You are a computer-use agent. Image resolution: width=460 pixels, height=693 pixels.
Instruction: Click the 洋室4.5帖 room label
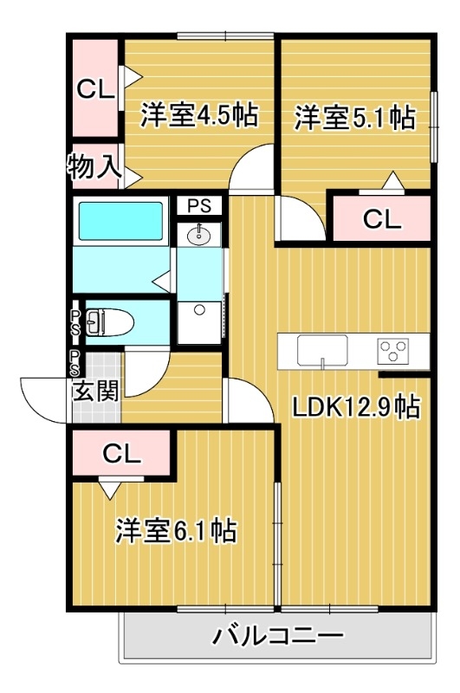pyautogui.click(x=198, y=115)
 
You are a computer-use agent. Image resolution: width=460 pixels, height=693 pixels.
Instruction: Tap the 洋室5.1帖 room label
pyautogui.click(x=353, y=118)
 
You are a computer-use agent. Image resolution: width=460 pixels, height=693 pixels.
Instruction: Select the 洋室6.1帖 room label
pyautogui.click(x=177, y=529)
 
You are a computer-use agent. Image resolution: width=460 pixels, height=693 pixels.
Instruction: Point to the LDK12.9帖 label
pyautogui.click(x=355, y=407)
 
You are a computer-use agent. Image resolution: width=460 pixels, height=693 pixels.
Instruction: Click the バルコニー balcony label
pyautogui.click(x=278, y=637)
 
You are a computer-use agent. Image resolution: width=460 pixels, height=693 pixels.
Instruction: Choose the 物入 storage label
pyautogui.click(x=94, y=165)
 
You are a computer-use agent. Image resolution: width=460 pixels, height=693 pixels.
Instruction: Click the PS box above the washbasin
pyautogui.click(x=200, y=206)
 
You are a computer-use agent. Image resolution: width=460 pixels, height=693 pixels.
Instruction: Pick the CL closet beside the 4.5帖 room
pyautogui.click(x=94, y=88)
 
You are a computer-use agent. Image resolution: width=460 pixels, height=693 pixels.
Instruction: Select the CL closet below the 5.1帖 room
pyautogui.click(x=382, y=219)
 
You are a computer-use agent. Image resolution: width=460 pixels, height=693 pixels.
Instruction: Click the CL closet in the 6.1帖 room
pyautogui.click(x=122, y=453)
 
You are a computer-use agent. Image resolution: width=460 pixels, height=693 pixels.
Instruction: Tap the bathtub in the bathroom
pyautogui.click(x=121, y=222)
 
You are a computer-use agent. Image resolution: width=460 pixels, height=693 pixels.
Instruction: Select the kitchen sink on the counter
pyautogui.click(x=322, y=350)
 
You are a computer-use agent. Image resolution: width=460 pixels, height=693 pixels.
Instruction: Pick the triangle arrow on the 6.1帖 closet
pyautogui.click(x=108, y=490)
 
